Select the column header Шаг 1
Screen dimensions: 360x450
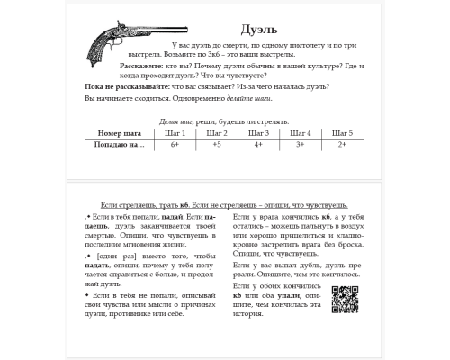coord(176,133)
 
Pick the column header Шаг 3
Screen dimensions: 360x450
coord(257,133)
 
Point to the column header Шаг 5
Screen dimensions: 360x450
coord(342,133)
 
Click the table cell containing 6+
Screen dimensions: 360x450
coord(176,144)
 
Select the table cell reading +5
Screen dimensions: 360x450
coord(216,144)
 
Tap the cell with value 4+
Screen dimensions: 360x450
coord(257,144)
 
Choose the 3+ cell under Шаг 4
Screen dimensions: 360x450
coord(300,144)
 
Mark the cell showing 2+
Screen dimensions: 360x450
coord(342,144)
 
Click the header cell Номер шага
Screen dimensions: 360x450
coord(120,133)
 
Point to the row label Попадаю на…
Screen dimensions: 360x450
coord(120,144)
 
